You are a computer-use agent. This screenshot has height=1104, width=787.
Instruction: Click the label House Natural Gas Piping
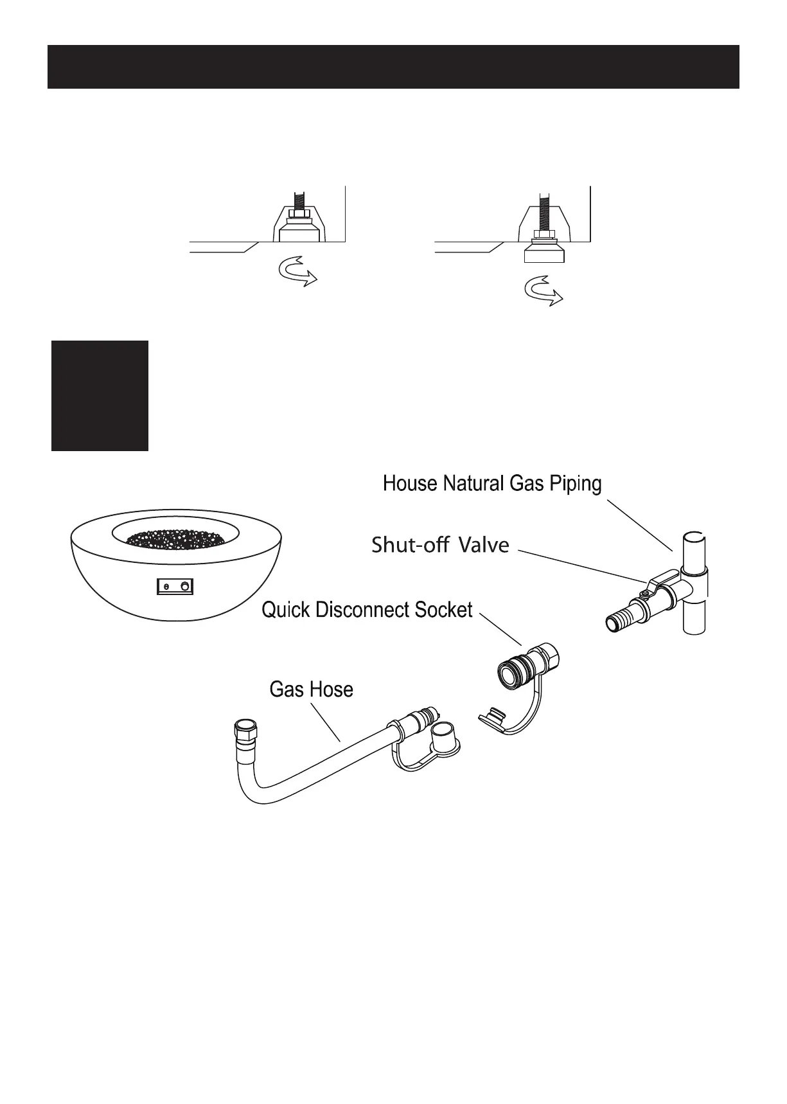coord(492,483)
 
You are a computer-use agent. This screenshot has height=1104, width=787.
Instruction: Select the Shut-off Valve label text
coord(440,546)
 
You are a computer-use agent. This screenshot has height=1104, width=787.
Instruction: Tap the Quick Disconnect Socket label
coord(367,609)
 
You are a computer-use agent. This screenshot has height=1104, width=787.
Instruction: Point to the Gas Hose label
coord(311,690)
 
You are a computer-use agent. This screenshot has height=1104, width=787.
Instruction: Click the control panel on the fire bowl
coord(176,586)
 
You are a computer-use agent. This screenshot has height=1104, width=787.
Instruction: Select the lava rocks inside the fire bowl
coord(176,539)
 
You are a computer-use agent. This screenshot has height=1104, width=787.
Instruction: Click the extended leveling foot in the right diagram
coord(544,252)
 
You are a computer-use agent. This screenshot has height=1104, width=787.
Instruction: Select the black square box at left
coord(100,396)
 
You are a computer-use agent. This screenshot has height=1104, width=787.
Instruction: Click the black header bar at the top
coord(393,67)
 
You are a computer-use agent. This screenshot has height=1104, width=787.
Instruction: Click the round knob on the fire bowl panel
coord(186,586)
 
